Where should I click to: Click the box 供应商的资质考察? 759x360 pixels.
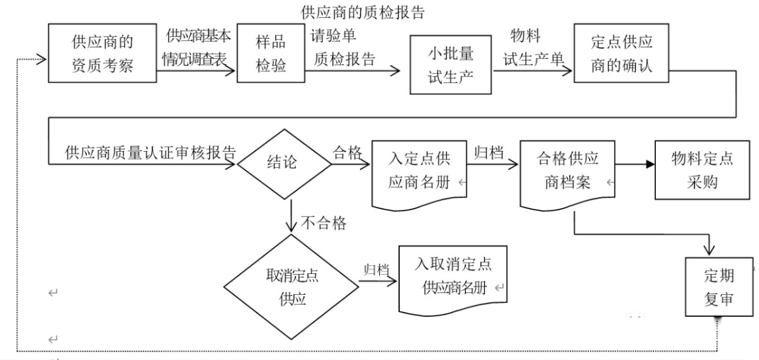pos(102,53)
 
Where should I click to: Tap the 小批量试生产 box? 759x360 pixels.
pos(451,65)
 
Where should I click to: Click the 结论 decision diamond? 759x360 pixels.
pos(283,163)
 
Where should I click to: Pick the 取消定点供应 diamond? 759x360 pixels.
pos(292,288)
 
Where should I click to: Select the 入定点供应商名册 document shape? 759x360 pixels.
pos(419,172)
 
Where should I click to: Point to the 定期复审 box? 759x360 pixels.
pos(719,287)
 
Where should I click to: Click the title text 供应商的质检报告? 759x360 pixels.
pos(362,11)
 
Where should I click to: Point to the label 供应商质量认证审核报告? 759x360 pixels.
pos(151,153)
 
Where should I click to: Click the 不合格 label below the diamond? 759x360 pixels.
pos(323,223)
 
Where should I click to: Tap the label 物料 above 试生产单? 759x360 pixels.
pos(526,35)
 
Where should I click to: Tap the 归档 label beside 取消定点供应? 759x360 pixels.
pos(376,268)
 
